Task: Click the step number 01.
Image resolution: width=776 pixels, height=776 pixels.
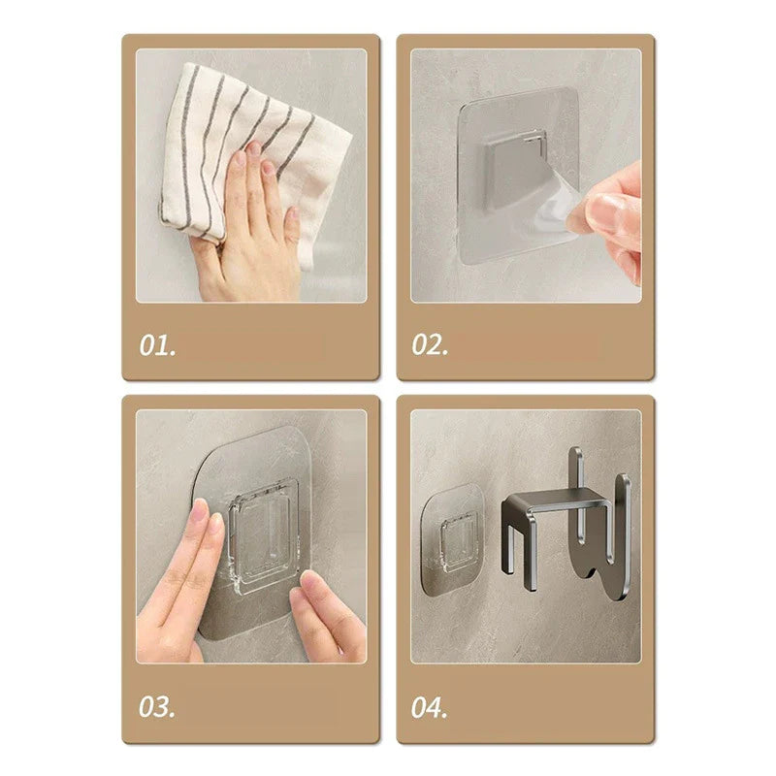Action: coord(157,345)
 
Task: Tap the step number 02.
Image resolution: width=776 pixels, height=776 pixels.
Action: coord(430,345)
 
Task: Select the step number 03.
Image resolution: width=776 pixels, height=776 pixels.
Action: coord(157,707)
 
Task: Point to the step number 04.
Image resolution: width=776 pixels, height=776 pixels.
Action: coord(429,707)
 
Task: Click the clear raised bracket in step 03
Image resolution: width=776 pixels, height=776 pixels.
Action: coord(265,537)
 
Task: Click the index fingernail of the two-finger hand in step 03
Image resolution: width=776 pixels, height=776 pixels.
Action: coord(199,510)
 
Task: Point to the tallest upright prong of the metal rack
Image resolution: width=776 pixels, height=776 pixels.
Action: coord(576,495)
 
